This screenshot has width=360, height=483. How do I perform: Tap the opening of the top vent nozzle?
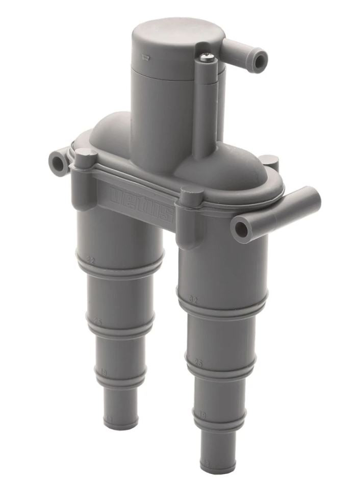pos(261,61)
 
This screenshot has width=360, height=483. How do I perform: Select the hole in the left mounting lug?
pos(57,164)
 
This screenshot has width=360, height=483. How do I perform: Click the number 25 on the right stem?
pos(199,364)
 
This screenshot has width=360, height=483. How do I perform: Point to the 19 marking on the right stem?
pos(202,416)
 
